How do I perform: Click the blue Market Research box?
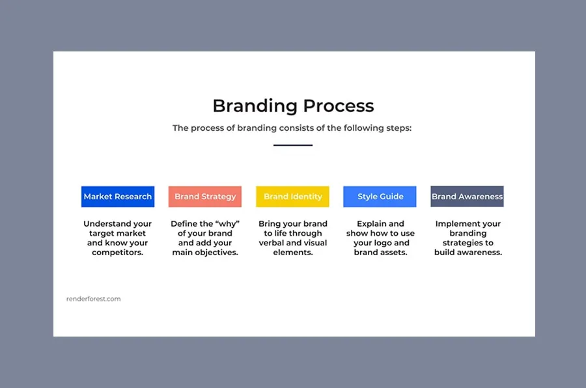pos(118,197)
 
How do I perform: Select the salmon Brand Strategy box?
pos(205,197)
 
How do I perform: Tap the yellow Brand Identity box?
pos(292,197)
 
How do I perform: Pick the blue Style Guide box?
pos(380,197)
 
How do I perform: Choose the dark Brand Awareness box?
pos(467,197)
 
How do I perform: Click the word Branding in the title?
pos(252,106)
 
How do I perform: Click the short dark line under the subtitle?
pos(293,145)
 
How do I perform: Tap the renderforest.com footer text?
pos(93,299)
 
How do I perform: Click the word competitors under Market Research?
pos(118,253)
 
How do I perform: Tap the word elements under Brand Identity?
pos(292,253)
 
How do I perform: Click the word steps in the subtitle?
pos(397,128)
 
